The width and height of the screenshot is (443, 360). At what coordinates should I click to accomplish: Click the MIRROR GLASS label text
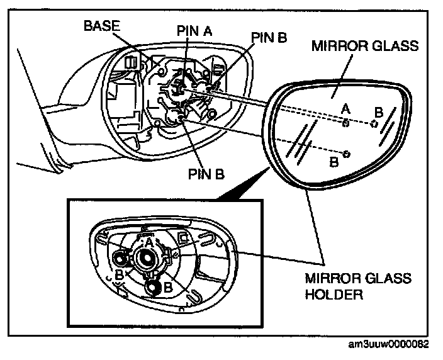[366, 47]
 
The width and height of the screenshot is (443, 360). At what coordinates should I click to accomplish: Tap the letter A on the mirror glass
[345, 109]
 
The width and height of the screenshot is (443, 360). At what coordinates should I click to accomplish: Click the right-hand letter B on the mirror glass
[378, 112]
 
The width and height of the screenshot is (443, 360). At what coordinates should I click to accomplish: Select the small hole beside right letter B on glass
[373, 124]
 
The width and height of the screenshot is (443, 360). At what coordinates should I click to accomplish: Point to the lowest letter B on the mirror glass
[334, 162]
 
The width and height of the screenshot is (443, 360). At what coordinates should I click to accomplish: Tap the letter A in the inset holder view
[149, 242]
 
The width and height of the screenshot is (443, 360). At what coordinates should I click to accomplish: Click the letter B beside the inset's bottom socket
[169, 286]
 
